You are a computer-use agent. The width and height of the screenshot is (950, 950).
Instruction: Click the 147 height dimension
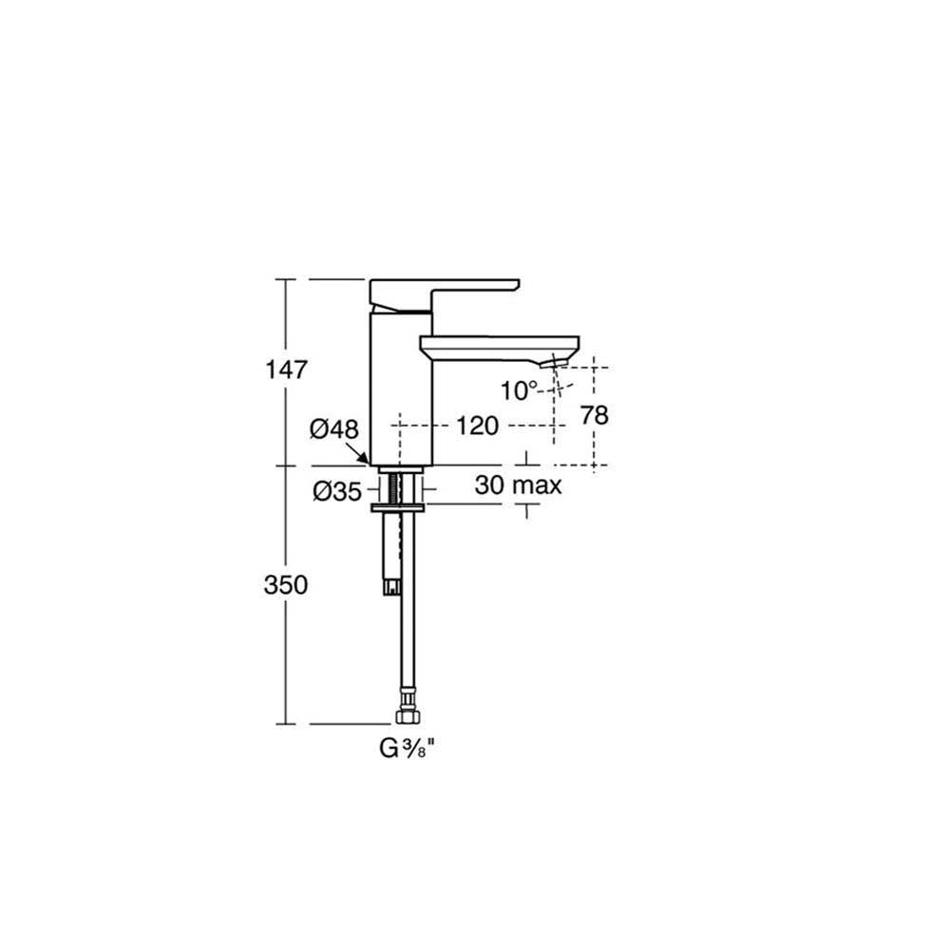click(x=287, y=369)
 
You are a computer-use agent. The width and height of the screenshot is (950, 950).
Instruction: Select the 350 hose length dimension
click(x=286, y=584)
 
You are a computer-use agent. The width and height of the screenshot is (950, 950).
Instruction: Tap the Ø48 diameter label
click(x=333, y=429)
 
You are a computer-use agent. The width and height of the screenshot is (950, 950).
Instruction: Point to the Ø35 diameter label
click(x=337, y=491)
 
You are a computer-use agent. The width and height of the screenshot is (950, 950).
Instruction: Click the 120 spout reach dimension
click(x=478, y=426)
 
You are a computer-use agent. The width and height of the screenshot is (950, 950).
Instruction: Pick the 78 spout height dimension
click(x=594, y=415)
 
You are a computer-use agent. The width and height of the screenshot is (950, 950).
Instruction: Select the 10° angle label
click(x=519, y=390)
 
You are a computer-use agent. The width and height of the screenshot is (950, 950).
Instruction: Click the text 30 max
click(x=518, y=484)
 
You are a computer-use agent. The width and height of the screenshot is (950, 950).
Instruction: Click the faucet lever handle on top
click(x=444, y=294)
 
